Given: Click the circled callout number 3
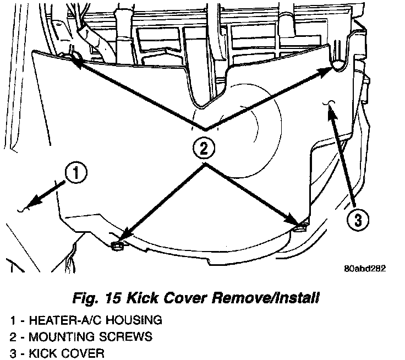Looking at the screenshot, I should tap(357, 220).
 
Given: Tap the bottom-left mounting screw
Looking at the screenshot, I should tap(117, 246).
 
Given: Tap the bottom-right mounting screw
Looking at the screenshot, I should tap(300, 225).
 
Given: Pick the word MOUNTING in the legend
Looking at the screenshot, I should tap(58, 336).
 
